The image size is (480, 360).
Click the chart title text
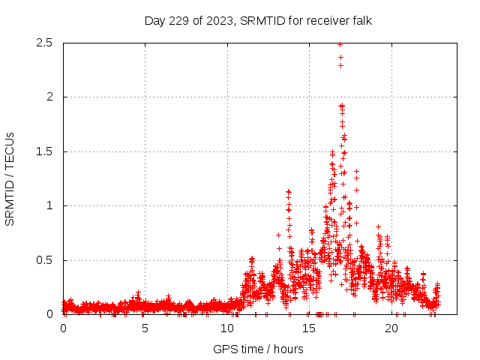[x=258, y=20]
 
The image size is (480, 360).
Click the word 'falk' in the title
[x=361, y=20]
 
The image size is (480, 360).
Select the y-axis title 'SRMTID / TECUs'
[x=10, y=178]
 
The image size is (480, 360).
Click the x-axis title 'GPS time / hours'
[x=258, y=349]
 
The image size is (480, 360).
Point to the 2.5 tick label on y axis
[x=43, y=43]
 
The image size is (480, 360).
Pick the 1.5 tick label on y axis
[x=43, y=151]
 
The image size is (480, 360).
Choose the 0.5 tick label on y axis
[x=43, y=260]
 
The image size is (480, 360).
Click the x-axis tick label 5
[x=145, y=328]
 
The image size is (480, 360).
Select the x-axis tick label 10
[x=227, y=328]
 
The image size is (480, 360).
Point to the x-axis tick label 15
[x=309, y=328]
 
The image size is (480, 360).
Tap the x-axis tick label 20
[x=391, y=328]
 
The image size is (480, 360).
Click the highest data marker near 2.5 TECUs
[x=340, y=44]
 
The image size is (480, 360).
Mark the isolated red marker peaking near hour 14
[x=289, y=192]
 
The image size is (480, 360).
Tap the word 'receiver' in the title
[x=326, y=20]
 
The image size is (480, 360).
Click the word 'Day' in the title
[x=155, y=20]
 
